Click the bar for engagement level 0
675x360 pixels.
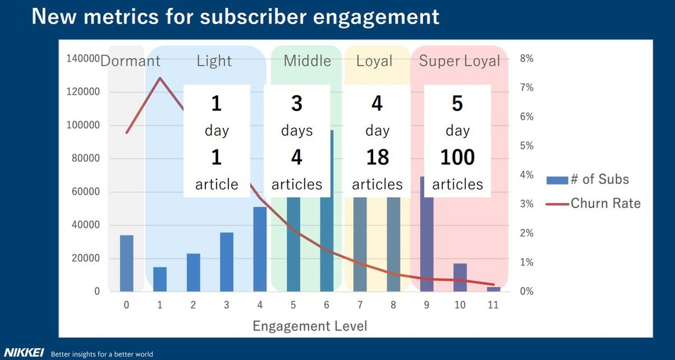point(127,263)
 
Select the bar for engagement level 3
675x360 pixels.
point(227,262)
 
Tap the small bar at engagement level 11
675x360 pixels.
point(494,289)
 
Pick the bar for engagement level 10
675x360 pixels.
point(460,277)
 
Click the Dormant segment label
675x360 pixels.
point(130,61)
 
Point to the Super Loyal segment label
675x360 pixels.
point(460,61)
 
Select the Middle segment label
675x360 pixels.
point(307,61)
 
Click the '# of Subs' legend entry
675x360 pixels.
point(588,180)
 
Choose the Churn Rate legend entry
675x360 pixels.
point(593,203)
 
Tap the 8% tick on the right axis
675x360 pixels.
point(527,58)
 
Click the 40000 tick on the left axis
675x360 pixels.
point(86,225)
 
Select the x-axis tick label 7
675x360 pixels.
point(360,305)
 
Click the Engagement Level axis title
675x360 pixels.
point(310,326)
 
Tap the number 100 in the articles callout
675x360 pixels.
point(457,157)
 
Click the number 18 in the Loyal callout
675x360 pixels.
point(377,157)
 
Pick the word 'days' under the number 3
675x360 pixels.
point(297,131)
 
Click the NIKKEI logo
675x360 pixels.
point(24,353)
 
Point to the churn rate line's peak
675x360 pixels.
point(160,78)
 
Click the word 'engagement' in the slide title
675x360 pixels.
point(369,17)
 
